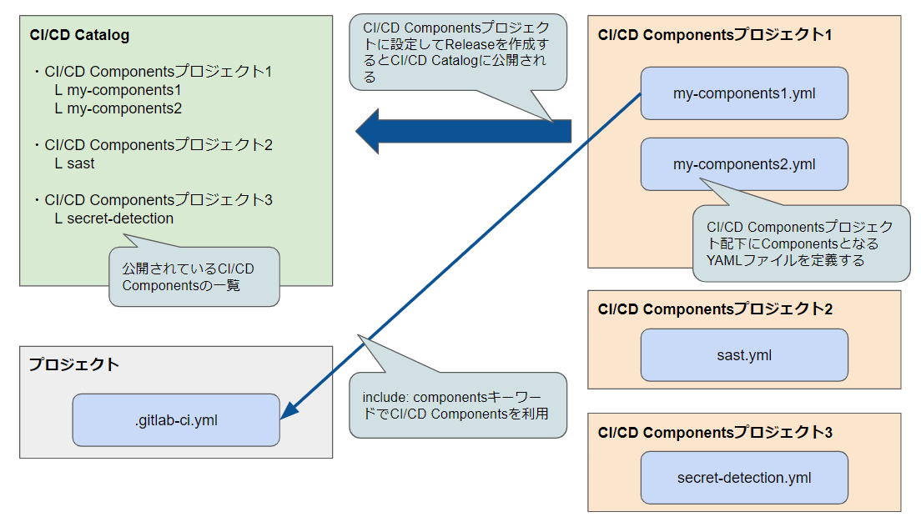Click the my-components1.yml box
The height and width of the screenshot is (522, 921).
coord(744,93)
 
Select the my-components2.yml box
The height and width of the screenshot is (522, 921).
coord(744,163)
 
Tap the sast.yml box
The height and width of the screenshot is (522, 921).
coord(744,354)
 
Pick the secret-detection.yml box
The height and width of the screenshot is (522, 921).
coord(744,478)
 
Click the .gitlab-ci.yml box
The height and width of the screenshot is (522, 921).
coord(175,420)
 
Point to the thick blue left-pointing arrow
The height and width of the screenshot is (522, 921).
coord(463,131)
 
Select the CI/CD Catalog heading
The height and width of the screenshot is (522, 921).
coord(78,35)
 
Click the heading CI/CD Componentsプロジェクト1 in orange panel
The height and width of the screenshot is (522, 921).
coord(715,35)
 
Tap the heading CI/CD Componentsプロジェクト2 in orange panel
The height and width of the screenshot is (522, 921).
coord(715,309)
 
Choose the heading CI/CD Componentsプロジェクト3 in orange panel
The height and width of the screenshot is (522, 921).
coord(715,432)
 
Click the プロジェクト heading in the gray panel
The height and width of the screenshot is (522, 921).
coord(74,364)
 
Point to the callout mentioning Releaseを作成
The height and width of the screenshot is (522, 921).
coord(458,53)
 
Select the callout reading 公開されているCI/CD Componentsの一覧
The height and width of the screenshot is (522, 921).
coord(194,276)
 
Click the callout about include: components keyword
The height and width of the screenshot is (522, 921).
coord(457,405)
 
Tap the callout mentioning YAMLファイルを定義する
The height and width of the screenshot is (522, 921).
coord(801,243)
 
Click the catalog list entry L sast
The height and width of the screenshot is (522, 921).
coord(75,163)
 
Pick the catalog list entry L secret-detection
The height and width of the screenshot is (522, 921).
coord(114,218)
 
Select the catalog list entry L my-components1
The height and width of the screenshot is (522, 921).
coord(118,90)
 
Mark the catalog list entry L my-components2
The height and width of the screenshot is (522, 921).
coord(118,108)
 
